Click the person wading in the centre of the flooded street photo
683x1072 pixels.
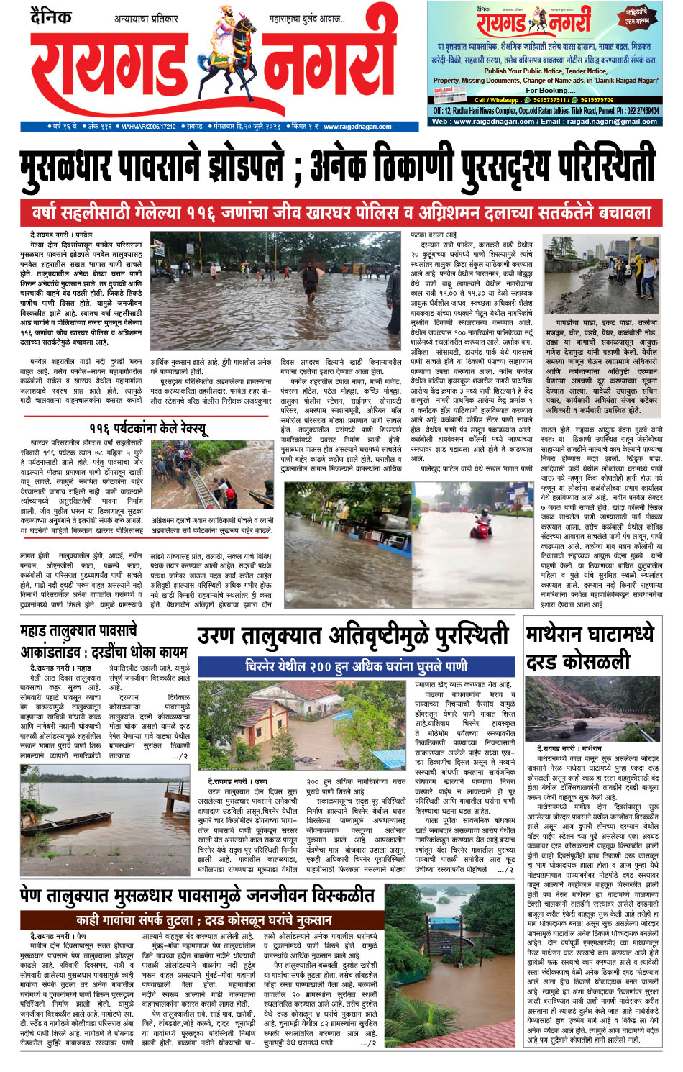[311, 277]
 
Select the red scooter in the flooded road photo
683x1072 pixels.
[483, 521]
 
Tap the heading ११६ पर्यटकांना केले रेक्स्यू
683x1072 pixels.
[148, 429]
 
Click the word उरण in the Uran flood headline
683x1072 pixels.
[216, 637]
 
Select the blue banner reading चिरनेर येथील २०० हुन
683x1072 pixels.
[356, 666]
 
